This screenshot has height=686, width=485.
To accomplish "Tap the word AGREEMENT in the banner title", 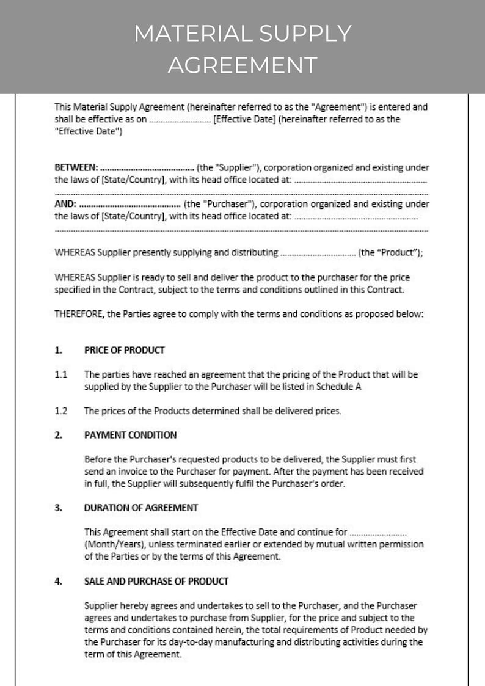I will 242,64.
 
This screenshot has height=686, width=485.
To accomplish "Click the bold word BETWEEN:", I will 76,167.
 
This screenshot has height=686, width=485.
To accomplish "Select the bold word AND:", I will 65,204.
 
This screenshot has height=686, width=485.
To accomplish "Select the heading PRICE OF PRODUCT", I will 124,350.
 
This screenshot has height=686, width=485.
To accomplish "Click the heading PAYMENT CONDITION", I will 130,435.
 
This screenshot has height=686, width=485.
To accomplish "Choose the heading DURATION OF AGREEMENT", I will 140,508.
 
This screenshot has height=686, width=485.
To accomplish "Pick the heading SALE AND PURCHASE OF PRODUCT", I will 156,581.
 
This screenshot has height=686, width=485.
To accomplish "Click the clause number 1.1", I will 60,374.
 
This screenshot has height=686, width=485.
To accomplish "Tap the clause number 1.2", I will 60,411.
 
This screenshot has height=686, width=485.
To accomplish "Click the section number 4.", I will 58,581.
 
